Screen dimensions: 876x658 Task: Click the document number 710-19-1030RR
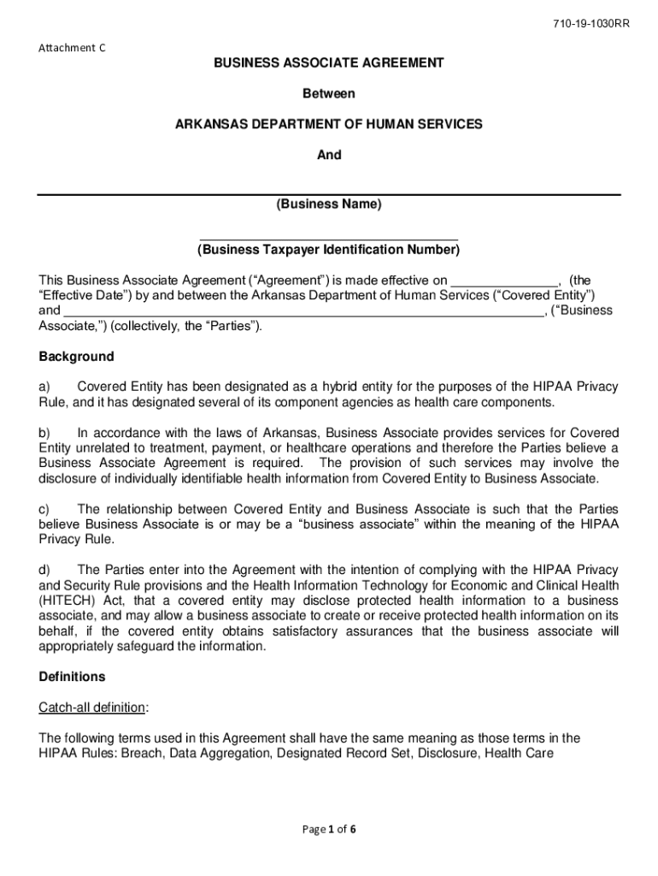[590, 23]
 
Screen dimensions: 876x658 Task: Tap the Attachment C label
[73, 48]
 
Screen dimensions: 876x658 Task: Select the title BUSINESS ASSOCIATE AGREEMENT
[328, 62]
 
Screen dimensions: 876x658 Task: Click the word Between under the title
[328, 93]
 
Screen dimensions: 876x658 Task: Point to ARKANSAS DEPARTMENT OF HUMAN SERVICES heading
[328, 124]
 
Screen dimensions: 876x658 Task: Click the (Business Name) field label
[328, 204]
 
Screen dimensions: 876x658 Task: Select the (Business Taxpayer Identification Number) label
[328, 250]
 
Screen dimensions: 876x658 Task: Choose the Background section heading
[76, 356]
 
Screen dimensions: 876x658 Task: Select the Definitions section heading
[72, 677]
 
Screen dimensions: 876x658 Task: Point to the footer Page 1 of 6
[328, 828]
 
